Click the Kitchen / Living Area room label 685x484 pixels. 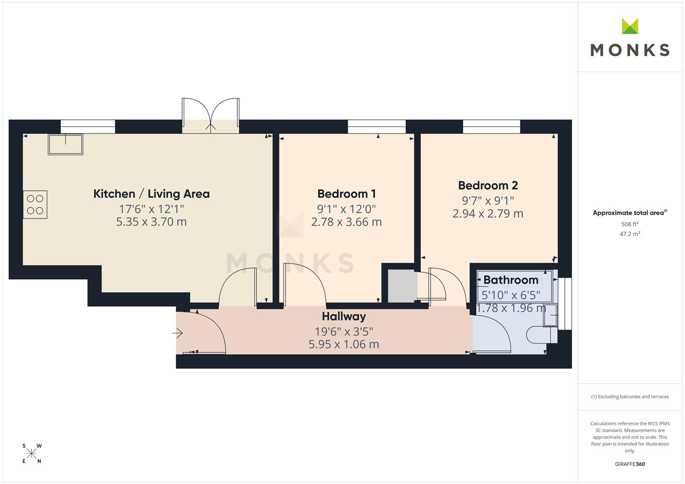click(151, 194)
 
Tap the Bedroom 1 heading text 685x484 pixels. click(346, 194)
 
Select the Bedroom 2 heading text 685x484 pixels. click(488, 186)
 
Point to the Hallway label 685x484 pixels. click(344, 316)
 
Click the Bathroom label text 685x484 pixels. click(511, 280)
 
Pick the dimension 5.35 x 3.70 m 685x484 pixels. click(151, 222)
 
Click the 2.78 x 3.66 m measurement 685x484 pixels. click(346, 222)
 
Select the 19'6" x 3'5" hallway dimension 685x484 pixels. click(344, 331)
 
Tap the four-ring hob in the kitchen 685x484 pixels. click(35, 204)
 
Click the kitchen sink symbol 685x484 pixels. click(65, 144)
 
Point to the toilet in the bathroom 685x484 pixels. click(541, 335)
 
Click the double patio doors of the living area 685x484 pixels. click(211, 116)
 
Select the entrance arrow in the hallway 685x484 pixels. click(178, 333)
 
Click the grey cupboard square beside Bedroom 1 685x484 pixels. click(403, 286)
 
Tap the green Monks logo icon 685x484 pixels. click(630, 26)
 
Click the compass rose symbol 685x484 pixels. click(31, 454)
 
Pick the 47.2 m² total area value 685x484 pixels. click(630, 234)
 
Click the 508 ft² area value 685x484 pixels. click(630, 224)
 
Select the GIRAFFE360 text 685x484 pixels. click(630, 464)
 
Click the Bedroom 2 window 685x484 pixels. click(491, 126)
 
